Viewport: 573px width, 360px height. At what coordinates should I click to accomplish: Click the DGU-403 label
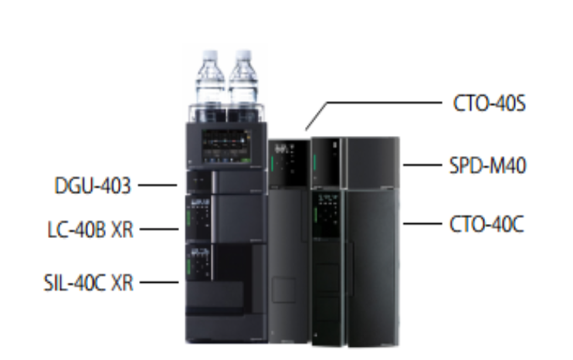tap(93, 185)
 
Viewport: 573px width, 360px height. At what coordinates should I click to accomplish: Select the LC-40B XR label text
tap(90, 230)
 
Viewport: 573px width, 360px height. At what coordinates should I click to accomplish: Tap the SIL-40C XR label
tap(89, 283)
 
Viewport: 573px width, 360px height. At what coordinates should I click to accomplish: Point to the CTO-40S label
tap(490, 104)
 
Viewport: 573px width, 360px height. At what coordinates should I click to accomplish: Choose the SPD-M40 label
tap(487, 165)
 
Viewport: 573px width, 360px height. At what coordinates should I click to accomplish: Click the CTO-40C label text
tap(487, 224)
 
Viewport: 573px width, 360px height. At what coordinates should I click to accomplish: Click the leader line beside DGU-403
tap(158, 185)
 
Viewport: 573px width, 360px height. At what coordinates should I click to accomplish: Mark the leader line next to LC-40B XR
tap(159, 229)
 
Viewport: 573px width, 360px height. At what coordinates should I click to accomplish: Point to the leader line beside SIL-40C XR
tap(159, 282)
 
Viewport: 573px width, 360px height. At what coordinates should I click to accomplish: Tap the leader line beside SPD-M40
tap(422, 165)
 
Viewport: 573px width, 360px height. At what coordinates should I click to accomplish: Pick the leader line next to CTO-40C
tap(422, 223)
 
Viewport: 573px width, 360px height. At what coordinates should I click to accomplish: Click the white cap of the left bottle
tap(210, 55)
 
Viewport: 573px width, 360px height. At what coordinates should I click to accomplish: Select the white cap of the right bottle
tap(243, 55)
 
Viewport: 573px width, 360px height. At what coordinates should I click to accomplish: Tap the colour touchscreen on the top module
tap(226, 146)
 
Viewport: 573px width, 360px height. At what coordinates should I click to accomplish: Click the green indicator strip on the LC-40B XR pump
tap(188, 218)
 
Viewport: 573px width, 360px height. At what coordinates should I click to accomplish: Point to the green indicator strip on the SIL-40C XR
tap(188, 267)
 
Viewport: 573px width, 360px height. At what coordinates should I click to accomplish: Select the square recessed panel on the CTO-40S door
tap(284, 290)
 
